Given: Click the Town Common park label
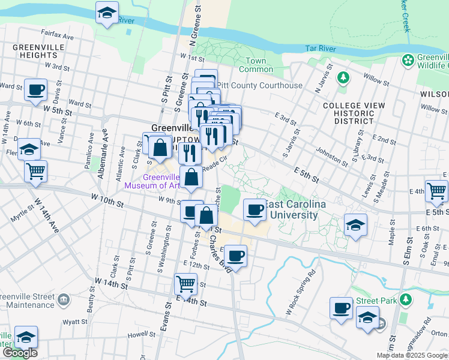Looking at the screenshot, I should pos(256,65).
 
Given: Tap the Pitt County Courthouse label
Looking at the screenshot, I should pos(259,86).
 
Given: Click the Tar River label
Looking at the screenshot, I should pos(318,47).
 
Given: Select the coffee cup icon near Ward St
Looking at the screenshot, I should pos(35,90).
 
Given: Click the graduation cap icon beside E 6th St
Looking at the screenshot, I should pos(356,226).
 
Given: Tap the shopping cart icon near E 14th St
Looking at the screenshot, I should pos(185,283).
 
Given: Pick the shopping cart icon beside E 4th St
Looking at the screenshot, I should pos(436,191).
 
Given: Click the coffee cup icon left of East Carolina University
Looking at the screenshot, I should pos(255,211).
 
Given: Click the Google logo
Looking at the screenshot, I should pos(19,353).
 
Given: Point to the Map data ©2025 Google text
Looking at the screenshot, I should pos(412,355).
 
